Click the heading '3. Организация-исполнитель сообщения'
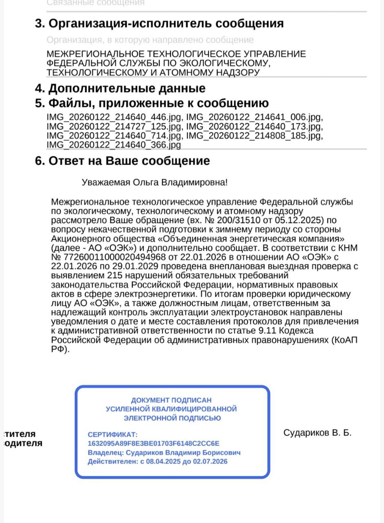tap(159, 24)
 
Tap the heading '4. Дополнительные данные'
tap(120, 88)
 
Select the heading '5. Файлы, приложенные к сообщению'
tap(152, 103)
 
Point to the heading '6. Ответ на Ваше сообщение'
tap(123, 161)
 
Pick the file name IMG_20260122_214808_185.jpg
tap(255, 136)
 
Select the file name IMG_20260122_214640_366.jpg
tap(114, 145)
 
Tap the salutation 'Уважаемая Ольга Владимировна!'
tap(154, 182)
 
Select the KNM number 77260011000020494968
tap(114, 257)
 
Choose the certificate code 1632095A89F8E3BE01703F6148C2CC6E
tap(154, 443)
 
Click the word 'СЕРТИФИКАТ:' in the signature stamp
tap(113, 434)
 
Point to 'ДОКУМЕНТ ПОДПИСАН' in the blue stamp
tap(171, 400)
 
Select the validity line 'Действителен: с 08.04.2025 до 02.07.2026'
tap(158, 462)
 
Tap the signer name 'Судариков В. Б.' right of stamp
tap(317, 433)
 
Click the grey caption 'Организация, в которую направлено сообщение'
tap(150, 40)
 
